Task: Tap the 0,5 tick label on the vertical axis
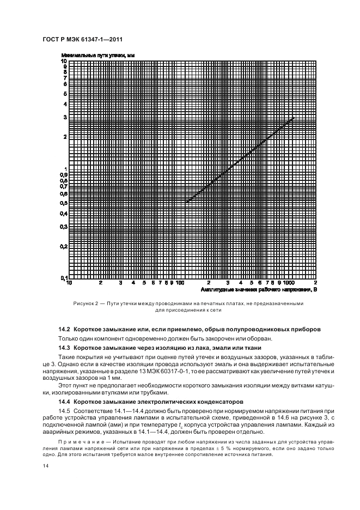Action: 64,203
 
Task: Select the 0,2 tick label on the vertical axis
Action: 64,246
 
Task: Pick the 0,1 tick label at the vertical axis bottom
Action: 64,278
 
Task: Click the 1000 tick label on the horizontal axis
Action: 288,283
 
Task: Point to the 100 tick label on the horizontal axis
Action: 181,283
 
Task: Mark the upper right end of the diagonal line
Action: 294,118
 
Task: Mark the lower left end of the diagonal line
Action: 185,202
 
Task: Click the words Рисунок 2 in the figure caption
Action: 85,303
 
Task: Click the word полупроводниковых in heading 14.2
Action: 261,329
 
